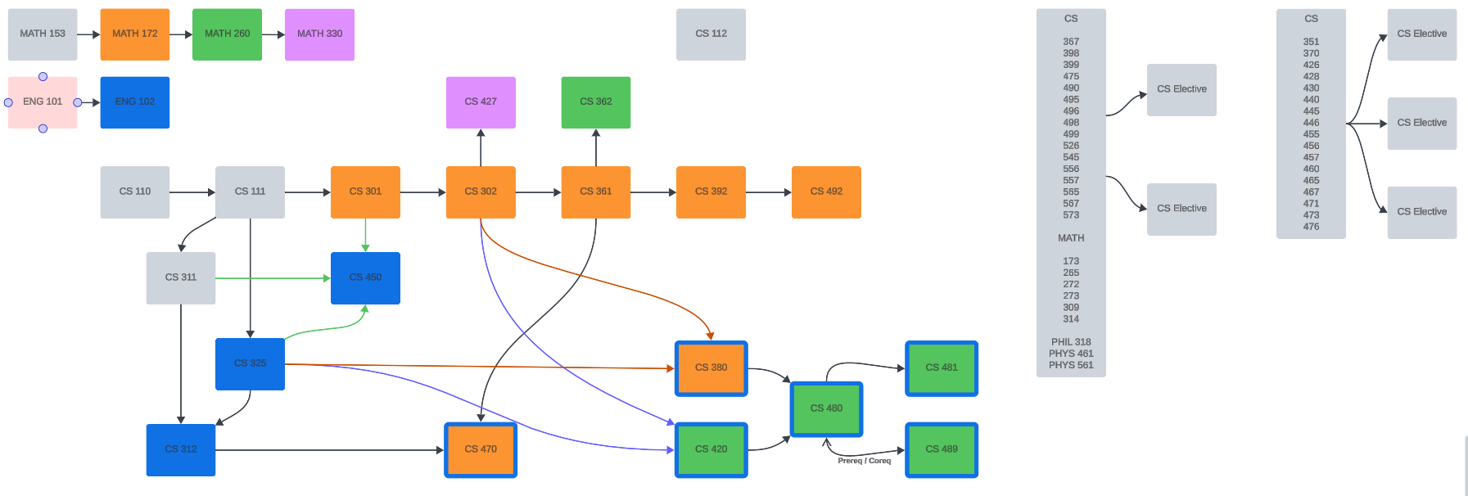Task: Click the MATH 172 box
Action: pos(135,34)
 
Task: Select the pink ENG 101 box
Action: pos(43,102)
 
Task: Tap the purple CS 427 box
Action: pos(481,102)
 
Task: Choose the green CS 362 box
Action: pos(595,102)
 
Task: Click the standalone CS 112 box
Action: pos(711,34)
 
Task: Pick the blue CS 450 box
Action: pos(365,278)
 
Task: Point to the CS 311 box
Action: pos(181,278)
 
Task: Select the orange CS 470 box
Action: pos(481,449)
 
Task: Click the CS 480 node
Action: pos(826,408)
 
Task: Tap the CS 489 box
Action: pos(942,449)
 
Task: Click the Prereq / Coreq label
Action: pos(864,461)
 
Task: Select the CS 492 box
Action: pos(826,192)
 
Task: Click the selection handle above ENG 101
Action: pos(43,77)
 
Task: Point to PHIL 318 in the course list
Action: pos(1071,342)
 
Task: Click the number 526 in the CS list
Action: pos(1071,146)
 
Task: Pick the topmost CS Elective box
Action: pos(1421,34)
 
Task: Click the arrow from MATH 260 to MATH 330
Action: pos(273,34)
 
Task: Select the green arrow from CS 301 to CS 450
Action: pos(365,236)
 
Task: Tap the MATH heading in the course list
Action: pos(1071,238)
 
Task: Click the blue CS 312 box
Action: pos(181,449)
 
